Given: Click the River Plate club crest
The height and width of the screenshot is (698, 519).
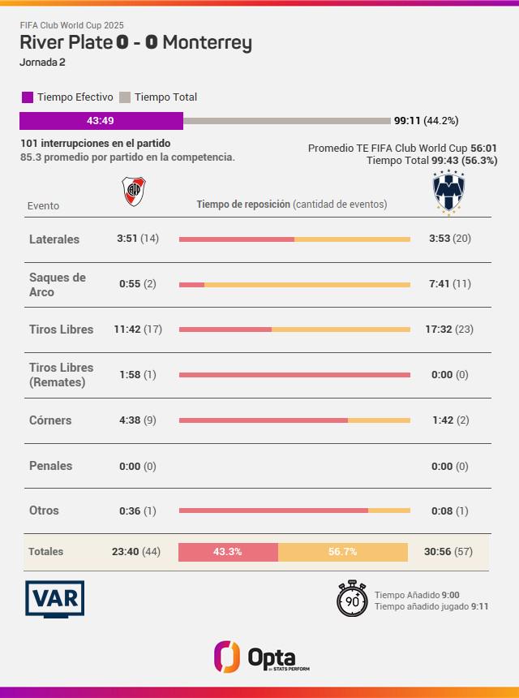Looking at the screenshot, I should coord(134,191).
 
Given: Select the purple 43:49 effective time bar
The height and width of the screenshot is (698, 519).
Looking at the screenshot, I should coord(101,121).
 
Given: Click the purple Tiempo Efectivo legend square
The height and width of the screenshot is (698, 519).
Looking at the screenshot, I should coord(28,97).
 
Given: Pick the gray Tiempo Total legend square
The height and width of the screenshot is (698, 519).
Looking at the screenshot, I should coord(125,97).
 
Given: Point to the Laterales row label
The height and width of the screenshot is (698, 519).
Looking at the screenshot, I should coord(54,239).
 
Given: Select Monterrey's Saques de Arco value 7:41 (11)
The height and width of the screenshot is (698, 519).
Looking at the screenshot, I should coord(450,284).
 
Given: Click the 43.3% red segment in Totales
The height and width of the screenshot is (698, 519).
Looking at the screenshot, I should coord(228,552).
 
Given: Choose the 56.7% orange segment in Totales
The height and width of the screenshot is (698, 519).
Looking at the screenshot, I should coord(342,552).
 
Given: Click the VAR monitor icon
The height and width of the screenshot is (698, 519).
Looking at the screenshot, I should coord(55,599).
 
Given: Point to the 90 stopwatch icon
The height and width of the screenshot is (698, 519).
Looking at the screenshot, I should coord(353,599).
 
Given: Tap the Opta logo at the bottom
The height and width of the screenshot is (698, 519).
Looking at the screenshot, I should coord(259,656).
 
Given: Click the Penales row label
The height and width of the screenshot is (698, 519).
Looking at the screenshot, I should coord(50,466).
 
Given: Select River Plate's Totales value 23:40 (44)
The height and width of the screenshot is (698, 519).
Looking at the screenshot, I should coord(136,552).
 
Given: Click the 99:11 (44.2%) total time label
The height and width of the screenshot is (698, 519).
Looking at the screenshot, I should coord(426,121).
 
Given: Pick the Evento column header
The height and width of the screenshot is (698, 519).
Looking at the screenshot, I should coord(43,206).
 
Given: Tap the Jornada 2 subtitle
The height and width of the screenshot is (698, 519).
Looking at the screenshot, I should coord(42,62).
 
